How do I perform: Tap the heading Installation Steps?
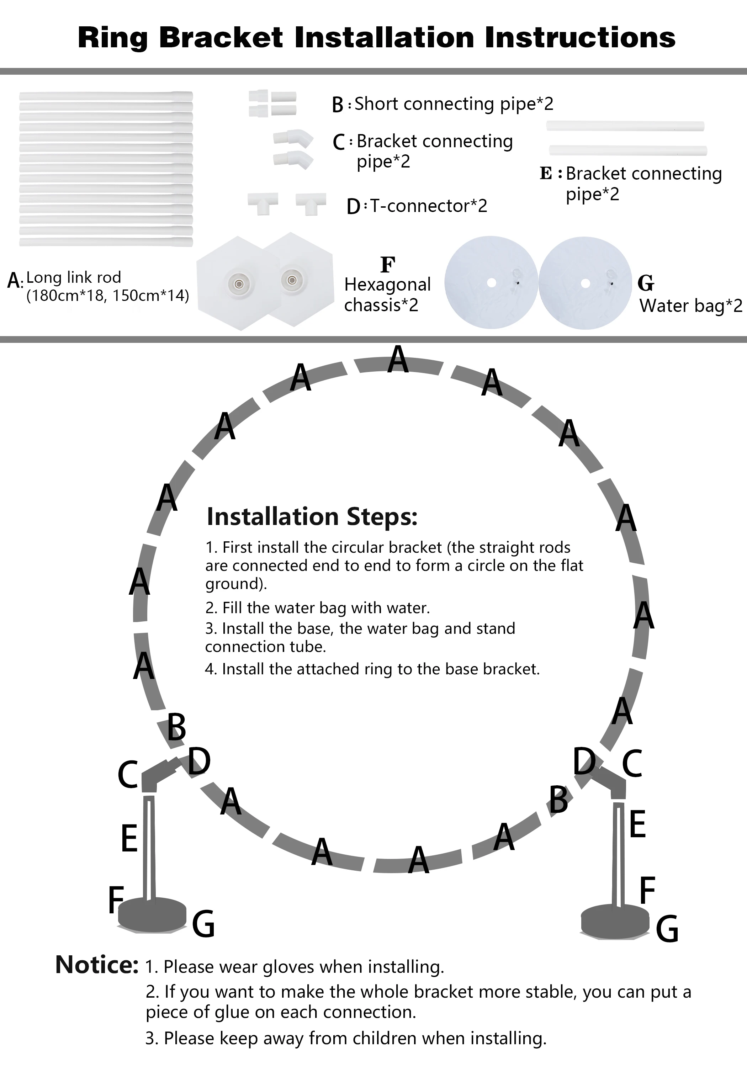312,517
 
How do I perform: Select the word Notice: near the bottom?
97,965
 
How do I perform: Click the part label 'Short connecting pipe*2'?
454,104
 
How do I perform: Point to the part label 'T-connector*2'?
428,206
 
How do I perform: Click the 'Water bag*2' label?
691,306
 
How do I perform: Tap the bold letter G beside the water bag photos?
646,283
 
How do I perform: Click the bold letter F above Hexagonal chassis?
388,265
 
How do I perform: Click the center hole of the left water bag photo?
491,283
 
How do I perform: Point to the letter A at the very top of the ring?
398,359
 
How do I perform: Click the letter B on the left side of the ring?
177,727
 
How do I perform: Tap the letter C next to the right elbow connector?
632,764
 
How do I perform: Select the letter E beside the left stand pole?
129,838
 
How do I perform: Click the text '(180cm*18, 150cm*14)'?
107,296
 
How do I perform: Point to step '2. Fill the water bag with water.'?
318,608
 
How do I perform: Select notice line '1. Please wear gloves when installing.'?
295,967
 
